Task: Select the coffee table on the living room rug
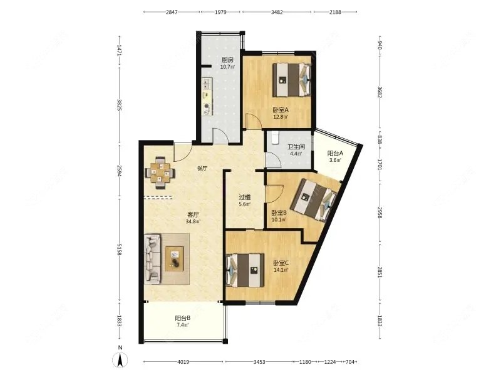click(175, 259)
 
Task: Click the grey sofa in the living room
click(152, 259)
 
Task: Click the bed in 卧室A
click(291, 80)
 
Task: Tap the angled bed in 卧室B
click(316, 200)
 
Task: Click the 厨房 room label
click(227, 59)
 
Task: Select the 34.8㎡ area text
click(193, 221)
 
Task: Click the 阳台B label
click(183, 318)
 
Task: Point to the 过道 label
click(245, 197)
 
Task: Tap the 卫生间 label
click(296, 147)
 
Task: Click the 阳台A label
click(336, 153)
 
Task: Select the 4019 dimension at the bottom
click(183, 362)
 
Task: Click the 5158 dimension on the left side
click(119, 249)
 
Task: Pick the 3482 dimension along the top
click(277, 12)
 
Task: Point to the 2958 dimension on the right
click(380, 212)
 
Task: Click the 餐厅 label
click(202, 169)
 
